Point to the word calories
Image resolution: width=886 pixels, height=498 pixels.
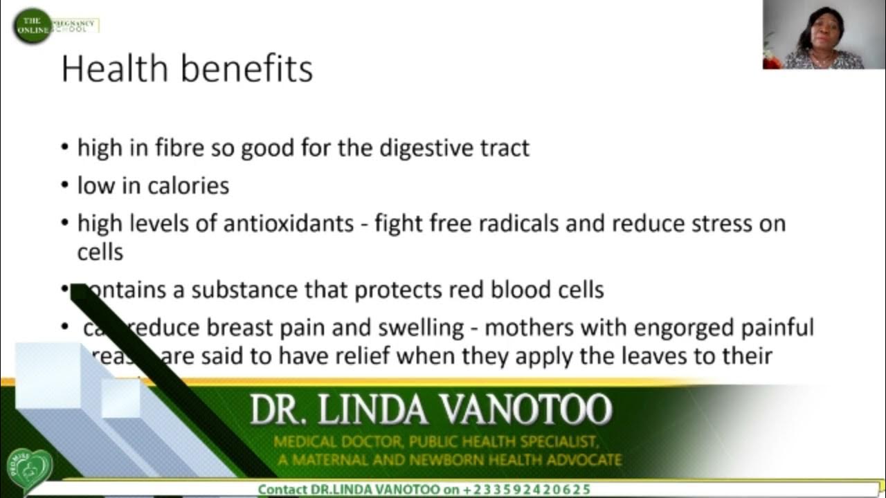(187, 185)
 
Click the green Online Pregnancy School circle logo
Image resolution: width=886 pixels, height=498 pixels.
(33, 26)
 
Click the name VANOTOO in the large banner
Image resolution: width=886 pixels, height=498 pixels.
(526, 409)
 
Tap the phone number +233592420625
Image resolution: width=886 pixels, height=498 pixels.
(526, 490)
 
